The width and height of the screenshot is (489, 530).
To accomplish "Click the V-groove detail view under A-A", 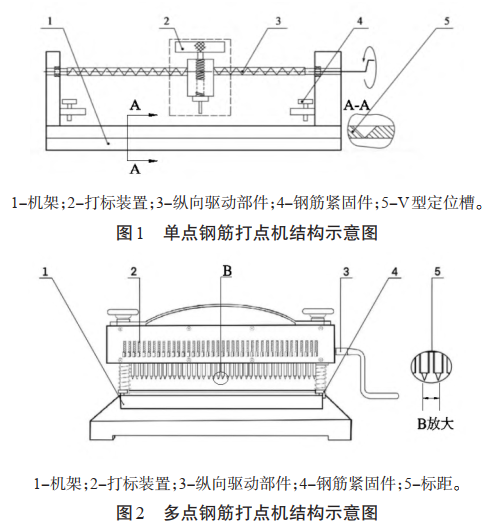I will coord(369,126).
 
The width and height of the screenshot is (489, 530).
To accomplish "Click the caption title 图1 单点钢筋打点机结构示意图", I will coord(246,233).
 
